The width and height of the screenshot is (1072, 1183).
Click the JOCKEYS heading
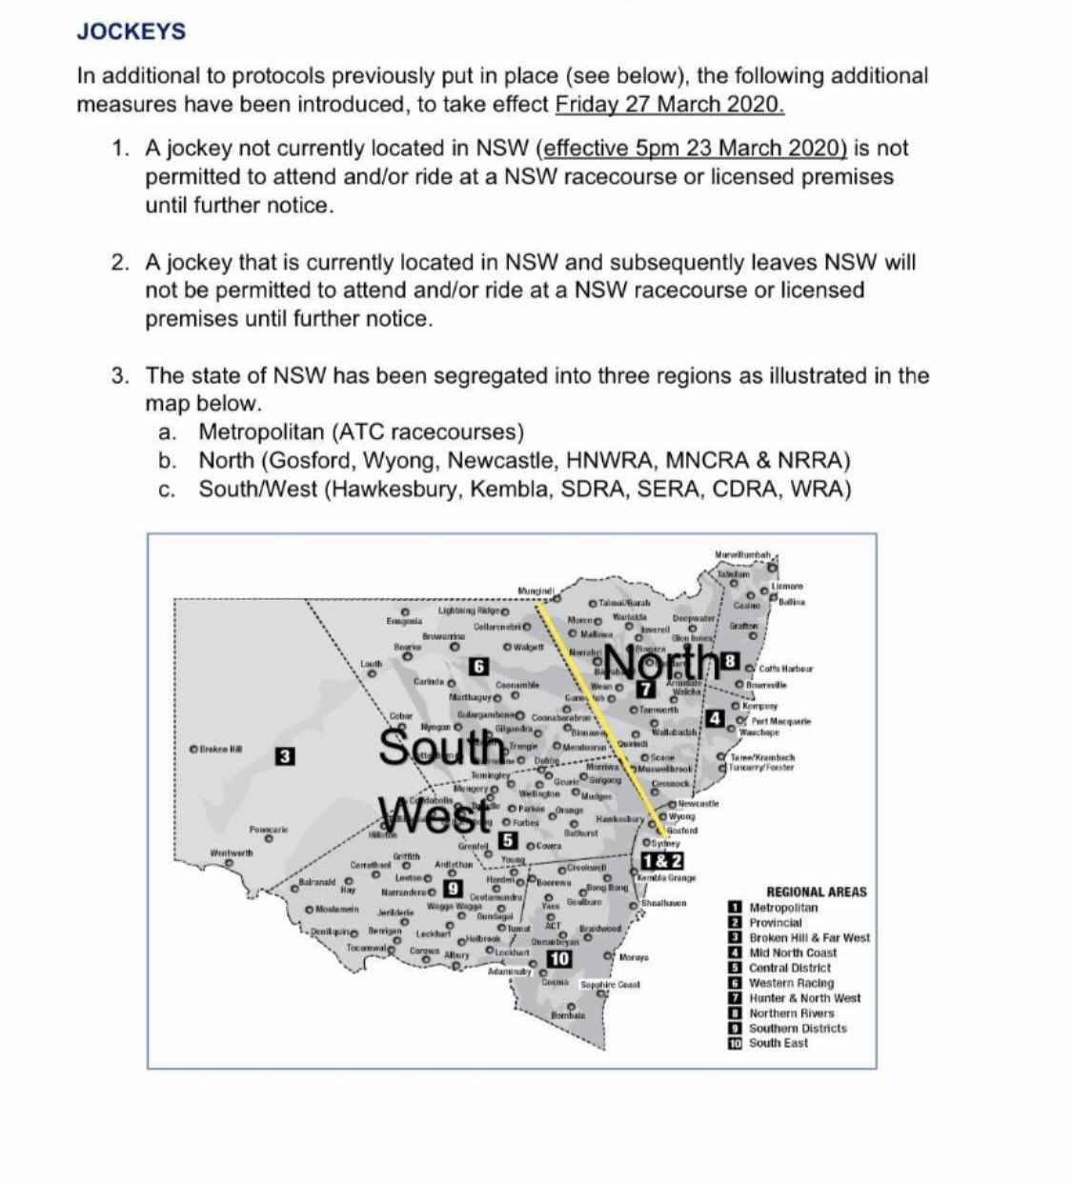coord(131,31)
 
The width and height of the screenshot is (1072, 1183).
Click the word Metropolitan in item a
coord(261,431)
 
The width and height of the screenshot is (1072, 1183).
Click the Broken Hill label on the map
coord(220,748)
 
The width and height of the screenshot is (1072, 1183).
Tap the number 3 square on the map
coord(284,756)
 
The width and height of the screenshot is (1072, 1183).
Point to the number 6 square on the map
coord(480,667)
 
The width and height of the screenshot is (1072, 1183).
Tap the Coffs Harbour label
coord(786,668)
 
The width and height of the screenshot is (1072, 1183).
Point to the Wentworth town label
coord(232,852)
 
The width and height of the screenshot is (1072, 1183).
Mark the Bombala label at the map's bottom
coord(567,1015)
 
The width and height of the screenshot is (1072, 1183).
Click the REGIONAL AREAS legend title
coord(817,892)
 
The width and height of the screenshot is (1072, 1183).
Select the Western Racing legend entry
coord(791,983)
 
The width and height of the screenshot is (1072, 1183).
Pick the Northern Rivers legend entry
coord(791,1013)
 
